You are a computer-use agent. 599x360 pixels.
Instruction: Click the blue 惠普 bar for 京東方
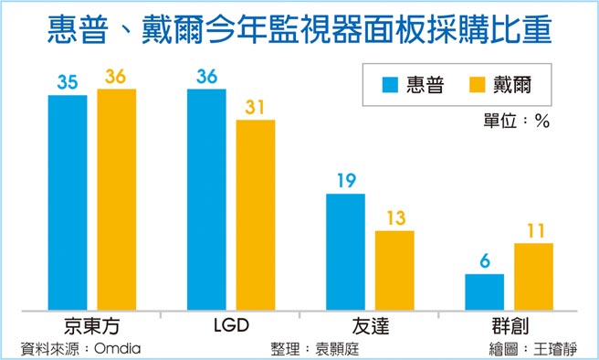click(68, 202)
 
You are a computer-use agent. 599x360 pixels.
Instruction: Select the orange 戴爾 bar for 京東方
click(116, 199)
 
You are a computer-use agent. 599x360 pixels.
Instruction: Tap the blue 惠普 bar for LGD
click(206, 199)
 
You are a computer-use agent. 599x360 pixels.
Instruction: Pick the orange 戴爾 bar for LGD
click(256, 215)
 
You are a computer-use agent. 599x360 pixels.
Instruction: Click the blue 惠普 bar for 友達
click(345, 251)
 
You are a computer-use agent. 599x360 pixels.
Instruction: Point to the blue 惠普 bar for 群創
click(484, 291)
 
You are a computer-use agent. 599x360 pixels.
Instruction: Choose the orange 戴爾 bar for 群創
click(533, 276)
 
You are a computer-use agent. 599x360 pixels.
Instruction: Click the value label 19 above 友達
click(345, 181)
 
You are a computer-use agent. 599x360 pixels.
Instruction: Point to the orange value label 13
click(394, 217)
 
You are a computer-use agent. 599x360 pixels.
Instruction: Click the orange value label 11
click(533, 230)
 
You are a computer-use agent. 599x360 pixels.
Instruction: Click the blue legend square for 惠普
click(390, 86)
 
